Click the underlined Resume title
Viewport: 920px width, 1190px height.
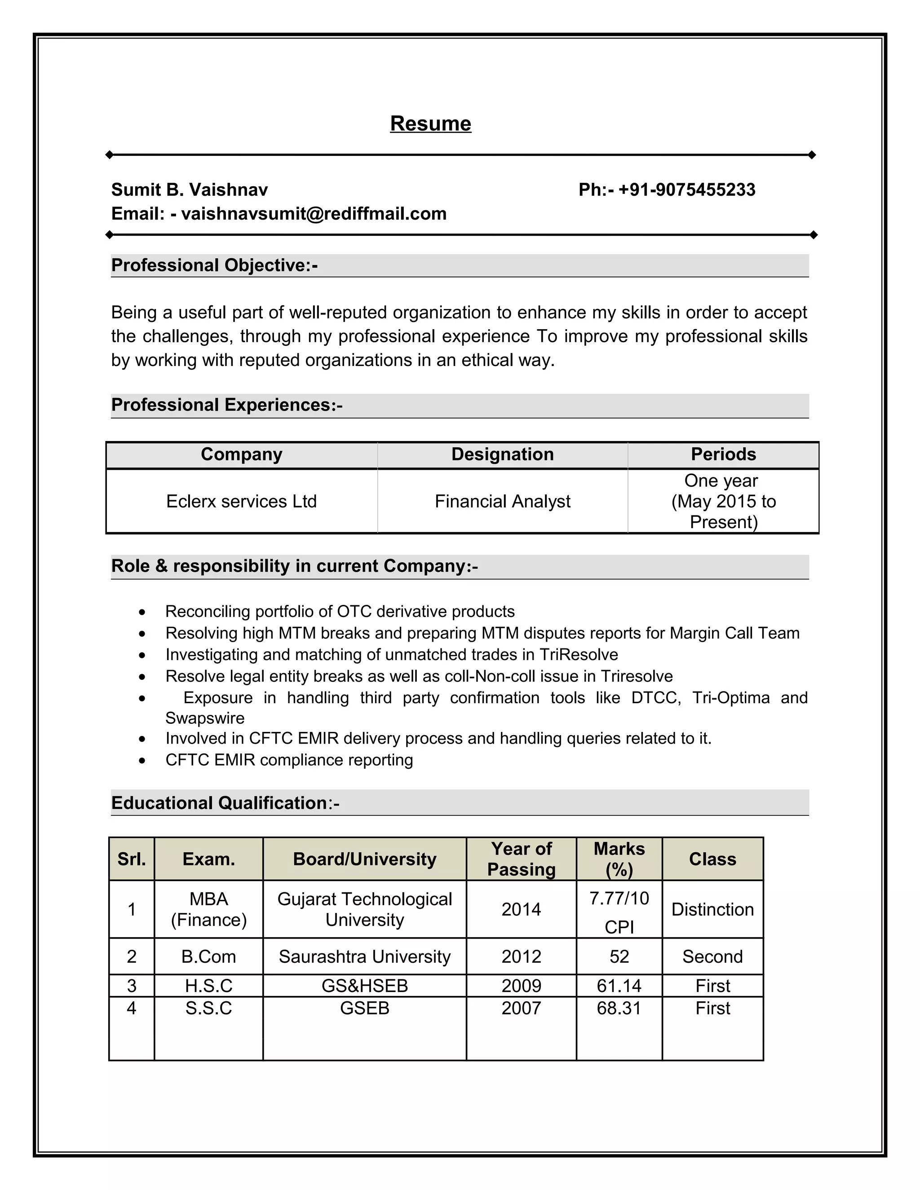pos(430,123)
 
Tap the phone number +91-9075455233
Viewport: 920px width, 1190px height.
pos(686,190)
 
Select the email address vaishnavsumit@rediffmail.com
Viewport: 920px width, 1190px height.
pos(314,214)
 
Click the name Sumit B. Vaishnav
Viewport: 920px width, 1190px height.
pos(189,190)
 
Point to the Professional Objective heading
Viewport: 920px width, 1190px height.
pos(214,265)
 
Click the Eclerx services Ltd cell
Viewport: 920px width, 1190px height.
pos(241,501)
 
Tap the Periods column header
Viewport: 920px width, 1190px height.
pos(723,454)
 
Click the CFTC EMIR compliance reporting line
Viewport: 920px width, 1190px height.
pos(289,760)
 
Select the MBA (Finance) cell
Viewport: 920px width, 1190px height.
pos(209,909)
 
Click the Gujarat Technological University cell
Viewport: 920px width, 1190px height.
pos(365,909)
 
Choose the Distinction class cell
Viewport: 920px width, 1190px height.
pos(712,909)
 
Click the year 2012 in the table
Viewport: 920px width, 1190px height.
pos(521,957)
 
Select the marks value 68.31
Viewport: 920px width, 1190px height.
pos(619,1008)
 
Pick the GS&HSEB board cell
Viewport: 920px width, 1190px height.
pos(365,986)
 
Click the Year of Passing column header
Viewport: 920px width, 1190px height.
pos(521,859)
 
